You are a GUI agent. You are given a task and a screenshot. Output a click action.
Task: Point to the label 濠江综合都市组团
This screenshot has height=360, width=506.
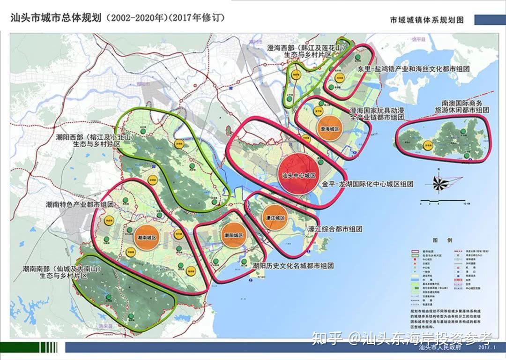[x=335, y=229]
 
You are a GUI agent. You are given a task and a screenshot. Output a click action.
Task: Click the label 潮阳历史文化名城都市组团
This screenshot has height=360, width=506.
[x=293, y=266]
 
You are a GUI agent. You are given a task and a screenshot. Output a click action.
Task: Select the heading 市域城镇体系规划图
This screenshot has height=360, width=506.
[x=426, y=20]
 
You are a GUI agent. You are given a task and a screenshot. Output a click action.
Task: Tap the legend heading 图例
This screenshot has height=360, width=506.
[x=439, y=240]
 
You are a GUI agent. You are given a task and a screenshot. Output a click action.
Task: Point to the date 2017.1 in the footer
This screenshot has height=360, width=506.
[x=487, y=348]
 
